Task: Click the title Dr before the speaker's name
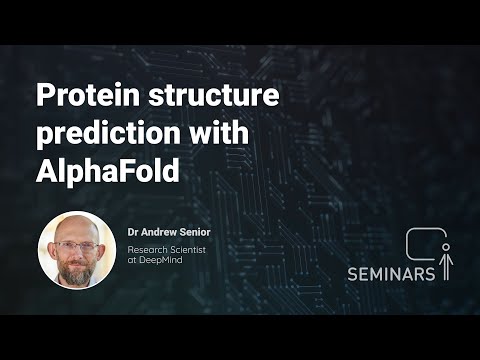133,229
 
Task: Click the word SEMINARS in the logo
391,272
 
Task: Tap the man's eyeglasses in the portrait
76,245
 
